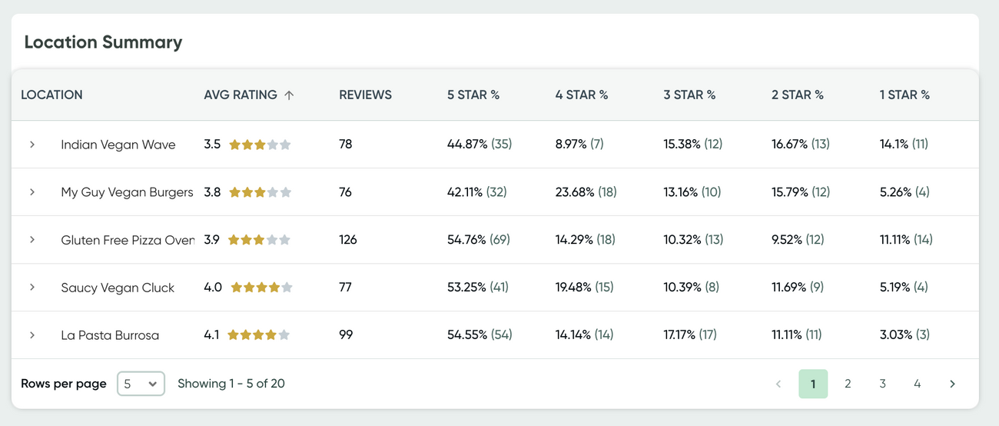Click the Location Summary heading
point(103,42)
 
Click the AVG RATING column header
point(241,95)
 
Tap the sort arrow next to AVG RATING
point(289,95)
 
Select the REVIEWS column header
point(365,95)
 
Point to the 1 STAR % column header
point(904,95)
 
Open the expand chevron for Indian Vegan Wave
point(32,145)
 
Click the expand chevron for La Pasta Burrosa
point(32,335)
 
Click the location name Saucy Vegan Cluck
point(118,288)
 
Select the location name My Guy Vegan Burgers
point(127,192)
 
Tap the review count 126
point(348,240)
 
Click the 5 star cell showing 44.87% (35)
point(480,145)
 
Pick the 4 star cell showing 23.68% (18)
point(586,192)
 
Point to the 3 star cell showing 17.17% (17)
point(690,335)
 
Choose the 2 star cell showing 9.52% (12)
point(798,240)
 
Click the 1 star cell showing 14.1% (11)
point(904,145)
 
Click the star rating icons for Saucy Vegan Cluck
point(261,288)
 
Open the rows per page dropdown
point(141,384)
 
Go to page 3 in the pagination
point(882,384)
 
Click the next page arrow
point(952,384)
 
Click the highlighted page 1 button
point(813,384)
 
